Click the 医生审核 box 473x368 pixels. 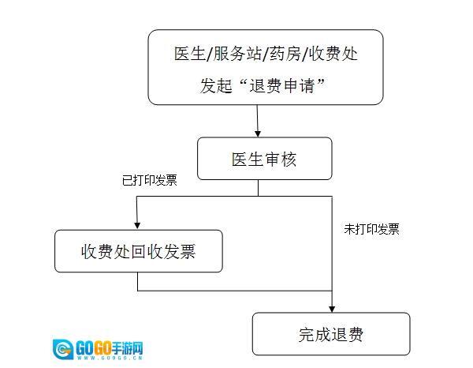[264, 159]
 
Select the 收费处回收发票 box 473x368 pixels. [138, 251]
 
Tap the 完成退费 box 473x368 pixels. [331, 334]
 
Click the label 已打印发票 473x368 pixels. [150, 181]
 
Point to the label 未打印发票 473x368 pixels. [371, 230]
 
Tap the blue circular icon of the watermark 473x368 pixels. [64, 349]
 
